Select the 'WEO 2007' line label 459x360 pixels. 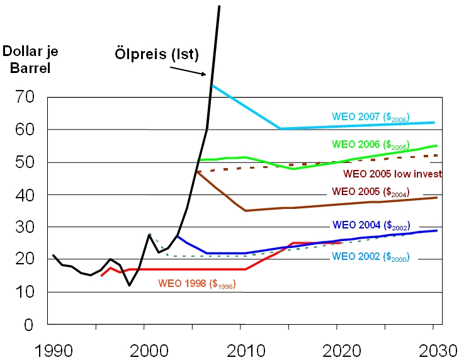tap(371, 116)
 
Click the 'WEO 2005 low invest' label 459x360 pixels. tap(392, 174)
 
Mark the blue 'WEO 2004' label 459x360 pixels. tap(370, 224)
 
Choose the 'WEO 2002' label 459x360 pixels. tap(371, 256)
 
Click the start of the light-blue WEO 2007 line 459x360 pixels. tap(212, 85)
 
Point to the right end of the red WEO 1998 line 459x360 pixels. tap(341, 243)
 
